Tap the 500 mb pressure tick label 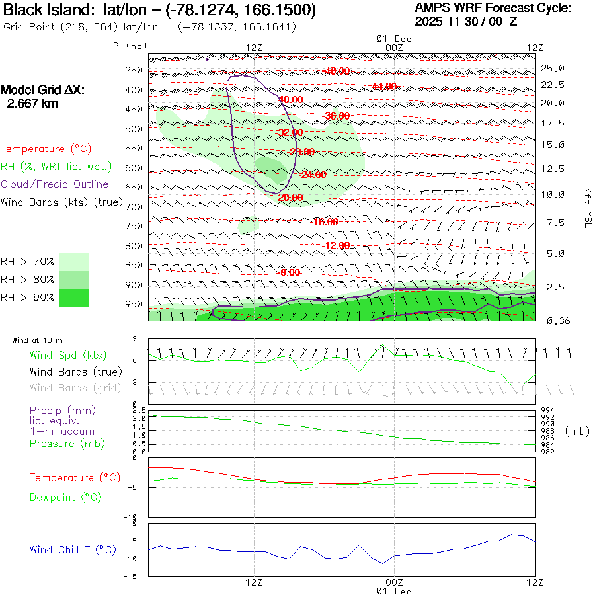click(134, 129)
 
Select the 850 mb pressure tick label click(134, 266)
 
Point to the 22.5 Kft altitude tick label click(553, 85)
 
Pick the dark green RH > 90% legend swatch click(74, 297)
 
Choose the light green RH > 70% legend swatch click(74, 262)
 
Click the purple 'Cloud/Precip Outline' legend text click(55, 184)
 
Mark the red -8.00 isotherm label click(291, 272)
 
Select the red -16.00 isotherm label click(326, 222)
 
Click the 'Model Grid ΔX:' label click(43, 90)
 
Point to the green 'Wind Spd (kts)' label click(67, 356)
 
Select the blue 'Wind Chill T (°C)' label click(73, 550)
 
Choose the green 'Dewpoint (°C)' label click(65, 497)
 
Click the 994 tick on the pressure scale click(548, 411)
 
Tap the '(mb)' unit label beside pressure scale click(577, 431)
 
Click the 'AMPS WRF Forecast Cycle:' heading click(493, 8)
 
